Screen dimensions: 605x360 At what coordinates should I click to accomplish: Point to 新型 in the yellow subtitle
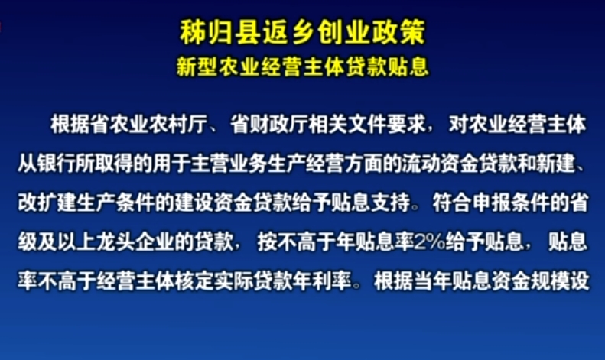pyautogui.click(x=197, y=66)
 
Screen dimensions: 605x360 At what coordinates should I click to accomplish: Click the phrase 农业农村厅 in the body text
pyautogui.click(x=159, y=125)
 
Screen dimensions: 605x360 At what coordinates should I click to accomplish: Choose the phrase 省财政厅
pyautogui.click(x=270, y=125)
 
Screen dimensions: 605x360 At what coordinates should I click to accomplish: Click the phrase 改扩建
pyautogui.click(x=47, y=203)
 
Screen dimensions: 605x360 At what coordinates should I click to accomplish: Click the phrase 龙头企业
pyautogui.click(x=135, y=242)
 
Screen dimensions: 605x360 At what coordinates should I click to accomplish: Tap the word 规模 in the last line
pyautogui.click(x=550, y=281)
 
